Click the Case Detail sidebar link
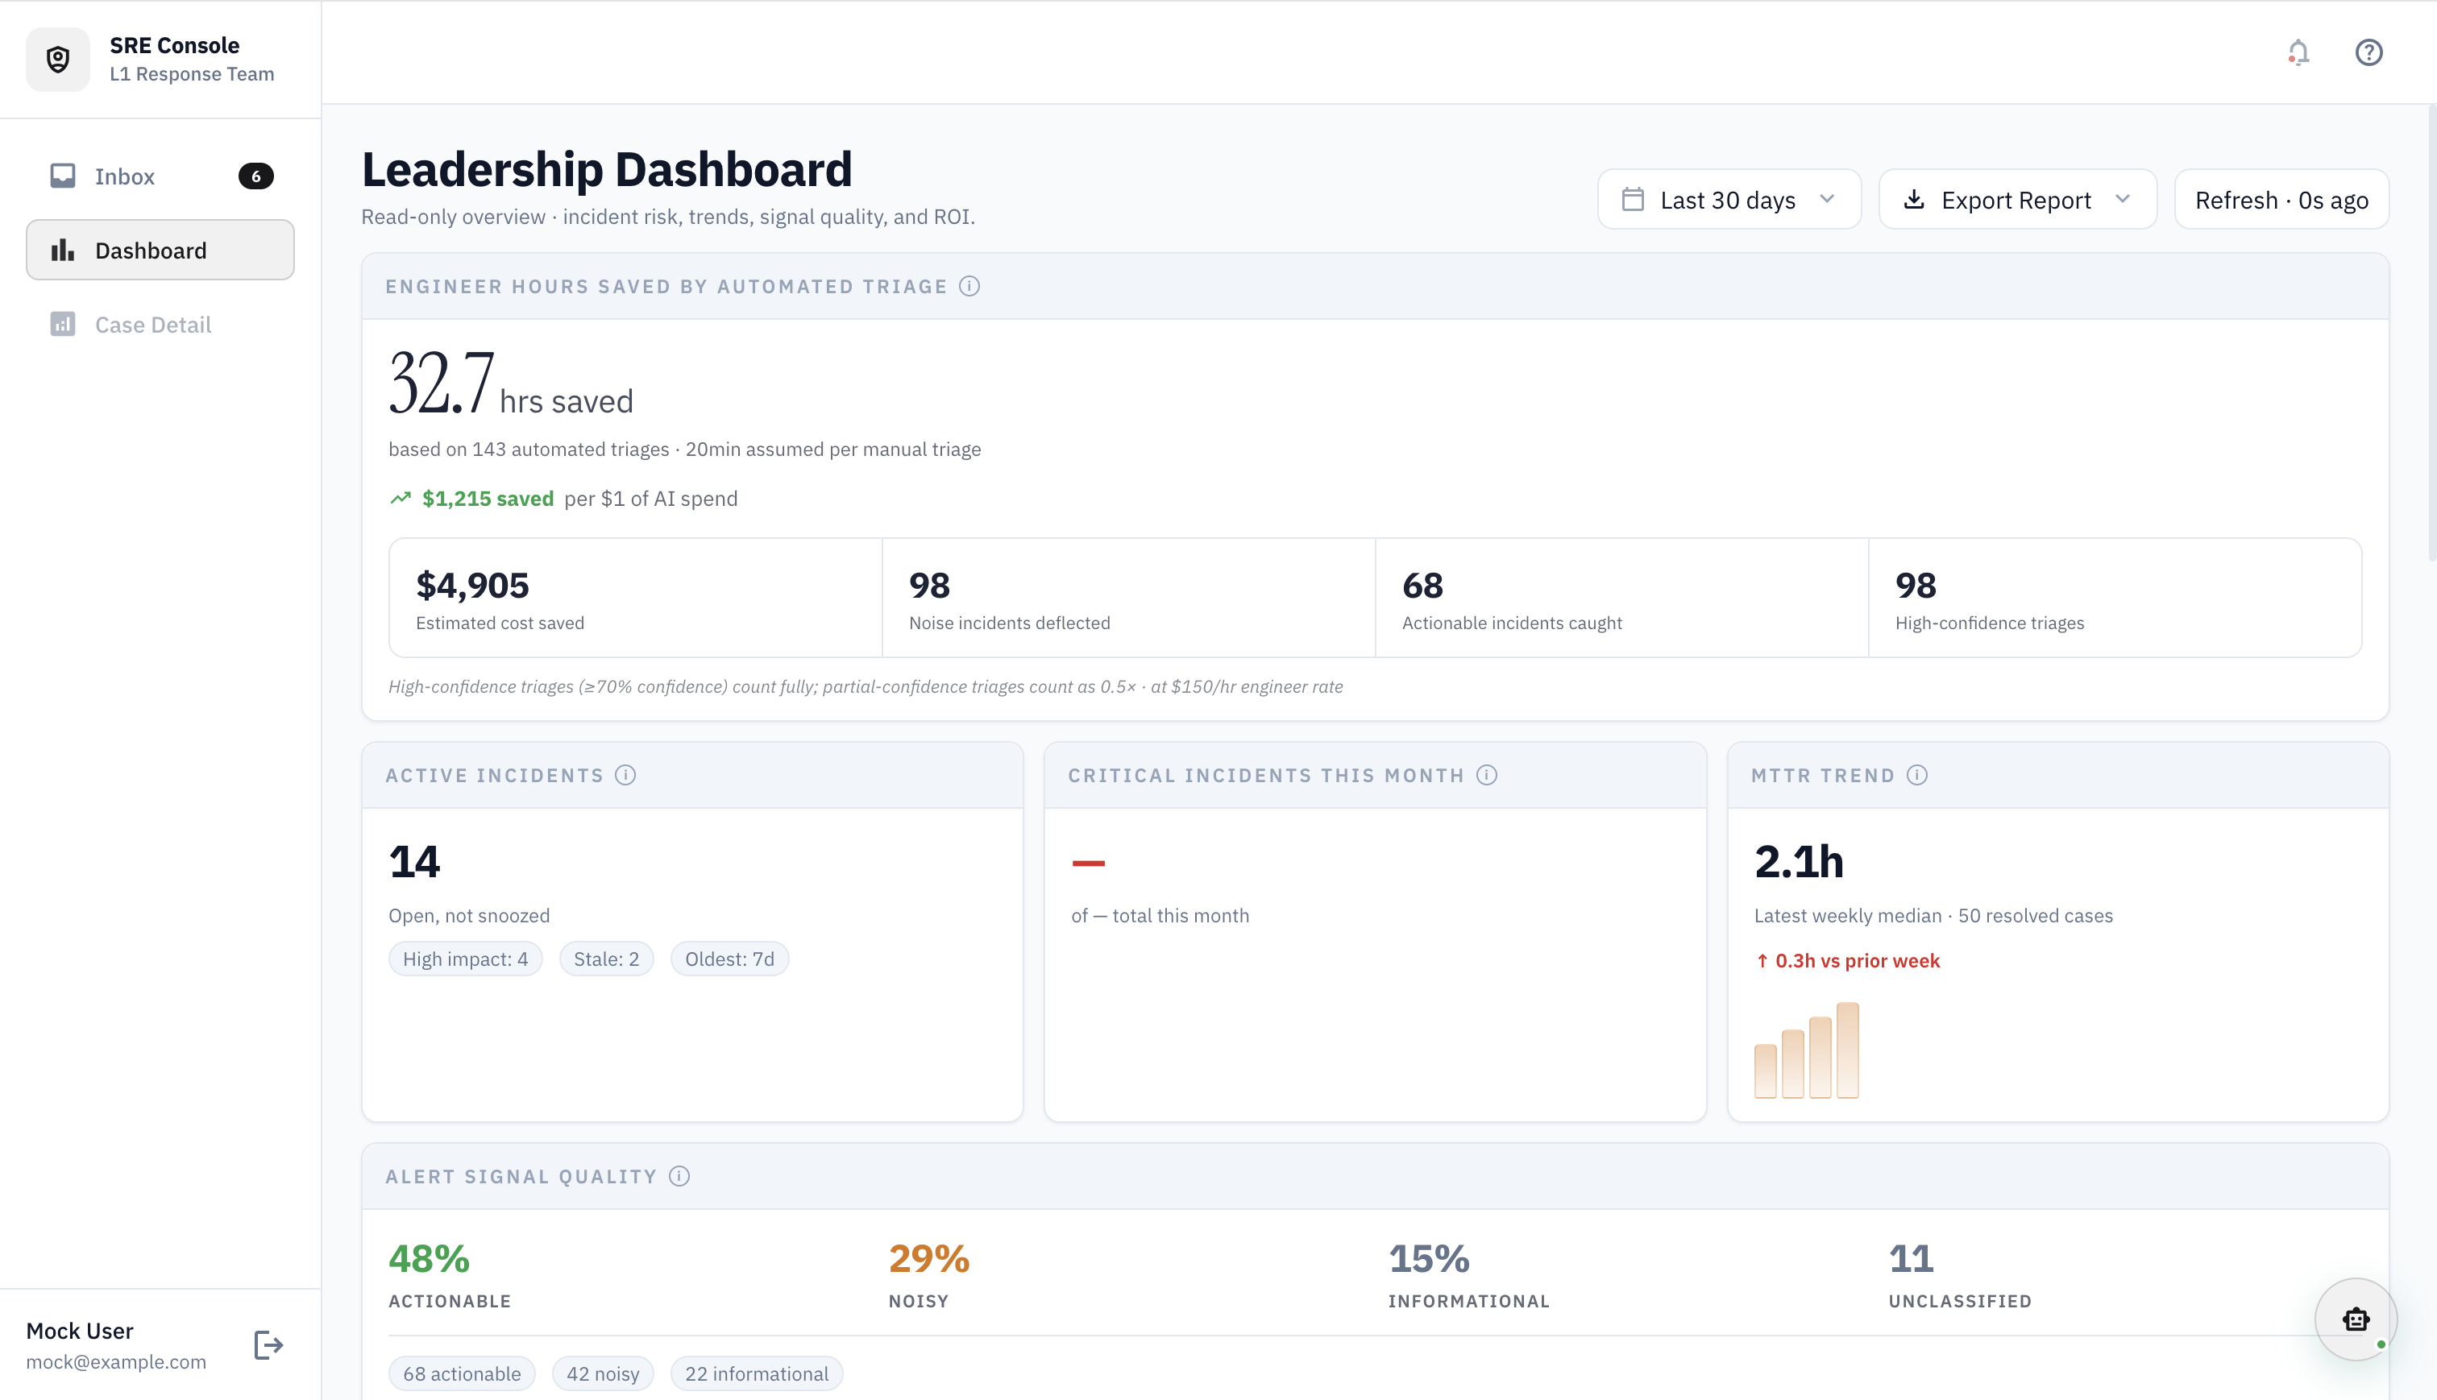(x=153, y=325)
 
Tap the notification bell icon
(x=2298, y=52)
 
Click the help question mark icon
(x=2368, y=52)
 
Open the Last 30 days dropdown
(x=1728, y=200)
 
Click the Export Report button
(x=2016, y=200)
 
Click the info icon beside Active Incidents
(x=626, y=775)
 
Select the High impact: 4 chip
(x=466, y=959)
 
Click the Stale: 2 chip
(x=606, y=959)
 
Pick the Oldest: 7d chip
(x=729, y=959)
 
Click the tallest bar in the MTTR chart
(x=1847, y=1050)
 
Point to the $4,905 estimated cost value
(x=472, y=586)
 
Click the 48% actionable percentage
(x=429, y=1259)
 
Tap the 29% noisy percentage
(x=929, y=1259)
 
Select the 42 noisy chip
(x=603, y=1374)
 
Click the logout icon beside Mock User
(x=268, y=1345)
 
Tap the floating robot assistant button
(x=2356, y=1319)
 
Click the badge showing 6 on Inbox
(x=255, y=176)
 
